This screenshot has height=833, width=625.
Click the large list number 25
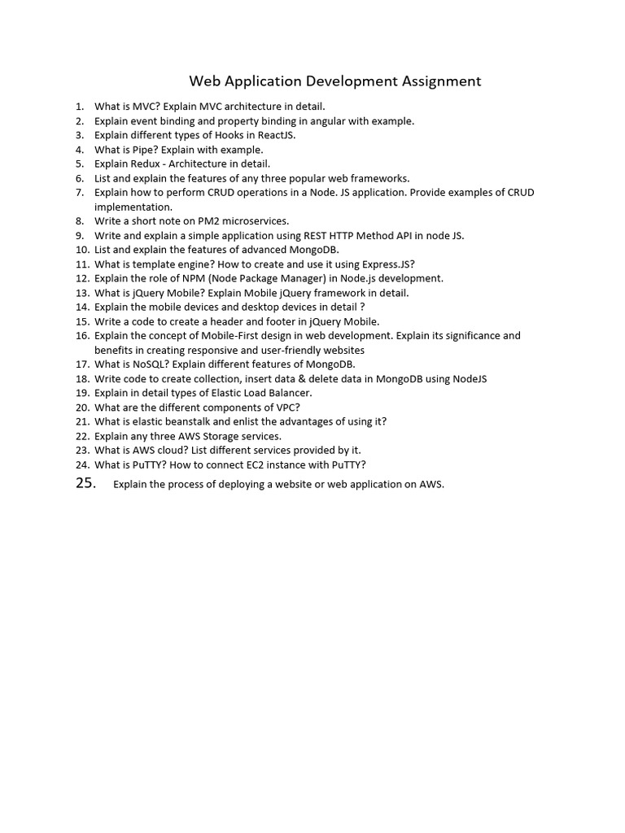coord(85,484)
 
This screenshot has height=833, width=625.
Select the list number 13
coord(81,293)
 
